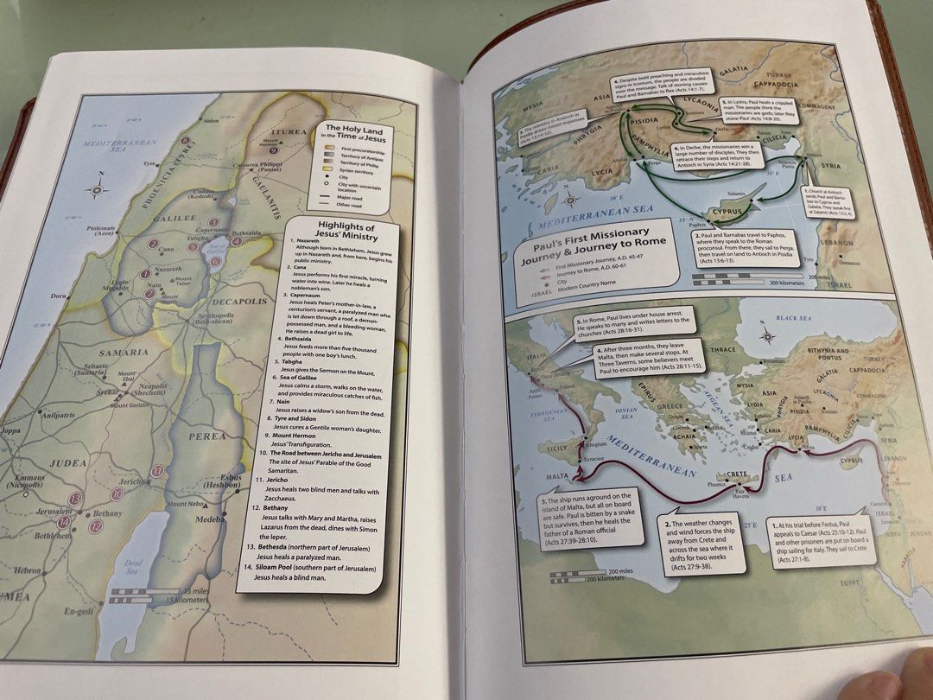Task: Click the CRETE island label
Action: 737,475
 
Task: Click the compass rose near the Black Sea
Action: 766,338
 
